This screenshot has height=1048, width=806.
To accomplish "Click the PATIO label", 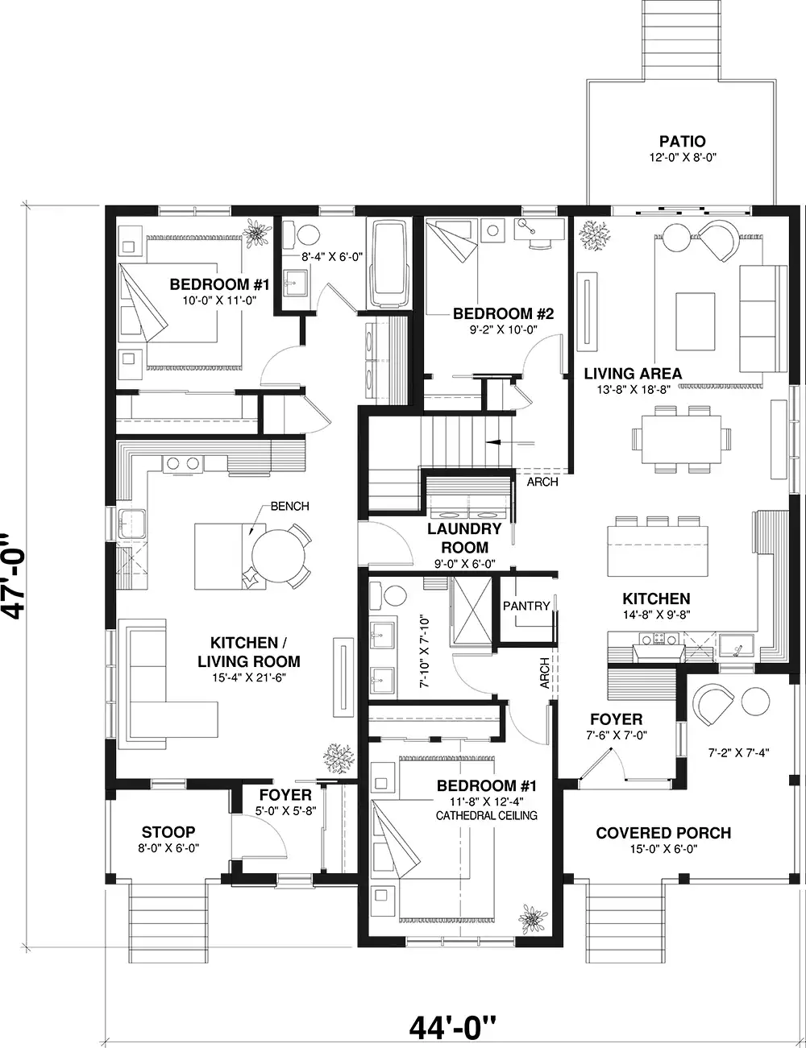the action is pos(682,141).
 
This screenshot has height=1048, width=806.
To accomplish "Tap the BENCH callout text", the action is pos(289,506).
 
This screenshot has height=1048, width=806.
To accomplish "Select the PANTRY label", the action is pos(526,606).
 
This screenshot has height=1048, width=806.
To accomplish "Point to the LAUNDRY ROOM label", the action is pos(464,538).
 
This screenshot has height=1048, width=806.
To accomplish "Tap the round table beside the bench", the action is pos(278,557).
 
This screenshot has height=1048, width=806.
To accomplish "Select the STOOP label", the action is pos(168,832).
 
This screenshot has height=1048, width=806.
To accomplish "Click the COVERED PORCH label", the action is pos(663,833).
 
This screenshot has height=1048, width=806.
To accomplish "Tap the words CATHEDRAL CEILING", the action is pos(486,815).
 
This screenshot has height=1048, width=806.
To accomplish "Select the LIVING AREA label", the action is pos(633,374).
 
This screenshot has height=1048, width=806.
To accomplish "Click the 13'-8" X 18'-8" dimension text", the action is pos(634,390).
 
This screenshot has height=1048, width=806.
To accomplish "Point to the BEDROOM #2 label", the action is pos(503,314).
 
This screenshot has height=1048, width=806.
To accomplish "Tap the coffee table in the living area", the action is pos(695,321).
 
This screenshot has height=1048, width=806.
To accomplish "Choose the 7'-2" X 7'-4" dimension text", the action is pos(738,752).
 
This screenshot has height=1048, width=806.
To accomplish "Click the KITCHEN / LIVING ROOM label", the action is pos(249,652).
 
